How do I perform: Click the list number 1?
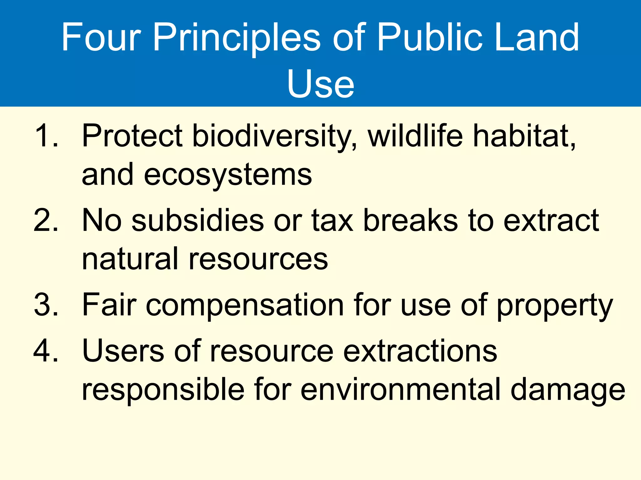[46, 136]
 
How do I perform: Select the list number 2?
[46, 220]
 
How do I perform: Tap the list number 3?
[46, 304]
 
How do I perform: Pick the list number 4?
[46, 351]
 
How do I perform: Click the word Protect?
[132, 136]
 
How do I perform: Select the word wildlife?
[415, 136]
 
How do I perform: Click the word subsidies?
[198, 220]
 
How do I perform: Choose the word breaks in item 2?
[411, 220]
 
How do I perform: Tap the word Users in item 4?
[123, 351]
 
